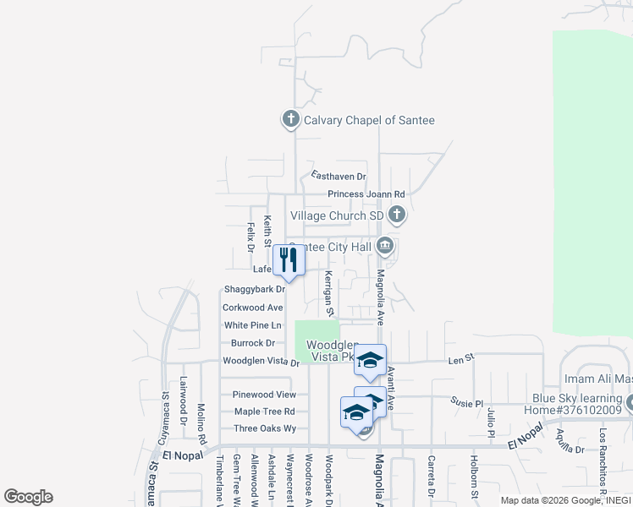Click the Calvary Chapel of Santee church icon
(291, 119)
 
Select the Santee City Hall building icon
(385, 247)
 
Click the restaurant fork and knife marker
(289, 261)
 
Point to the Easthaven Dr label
(338, 176)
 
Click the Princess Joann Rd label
(366, 194)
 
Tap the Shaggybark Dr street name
(254, 289)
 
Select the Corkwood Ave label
(252, 308)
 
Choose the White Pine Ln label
(252, 325)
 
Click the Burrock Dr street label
(252, 343)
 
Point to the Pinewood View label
(264, 395)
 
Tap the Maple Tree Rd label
(264, 412)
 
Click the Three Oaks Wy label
(264, 428)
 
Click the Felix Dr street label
(250, 237)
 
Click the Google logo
(28, 497)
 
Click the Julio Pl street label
(491, 422)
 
